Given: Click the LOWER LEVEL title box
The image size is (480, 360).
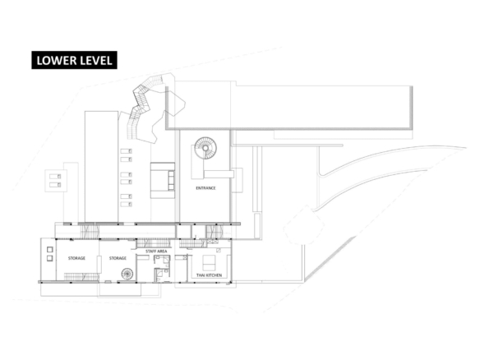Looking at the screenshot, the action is [x=75, y=60].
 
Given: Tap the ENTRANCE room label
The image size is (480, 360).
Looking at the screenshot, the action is [x=205, y=188].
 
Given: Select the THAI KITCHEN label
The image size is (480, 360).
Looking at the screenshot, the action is [x=209, y=275].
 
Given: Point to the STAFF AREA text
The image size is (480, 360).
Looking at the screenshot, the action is [x=156, y=252].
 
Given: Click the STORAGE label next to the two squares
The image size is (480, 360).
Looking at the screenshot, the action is [x=76, y=258].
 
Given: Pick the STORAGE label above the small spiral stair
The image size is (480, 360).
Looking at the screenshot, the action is [x=118, y=258].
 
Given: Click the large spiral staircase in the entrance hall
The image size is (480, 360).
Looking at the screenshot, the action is [x=205, y=148].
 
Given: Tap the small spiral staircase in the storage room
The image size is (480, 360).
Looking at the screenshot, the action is [x=127, y=274].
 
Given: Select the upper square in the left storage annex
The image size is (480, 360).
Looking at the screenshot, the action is [x=50, y=250].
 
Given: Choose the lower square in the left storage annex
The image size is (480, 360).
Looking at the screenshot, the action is [x=50, y=259].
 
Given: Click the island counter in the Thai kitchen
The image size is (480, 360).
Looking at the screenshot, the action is [x=209, y=262].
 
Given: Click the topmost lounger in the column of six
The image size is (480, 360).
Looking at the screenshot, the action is [x=126, y=151].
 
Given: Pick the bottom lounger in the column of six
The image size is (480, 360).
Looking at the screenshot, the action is [x=126, y=204].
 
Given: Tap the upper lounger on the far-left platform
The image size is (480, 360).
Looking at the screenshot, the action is [x=55, y=177].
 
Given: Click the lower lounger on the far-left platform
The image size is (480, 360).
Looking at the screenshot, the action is [x=55, y=185].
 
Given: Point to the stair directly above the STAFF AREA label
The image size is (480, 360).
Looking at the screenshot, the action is [x=154, y=242].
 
